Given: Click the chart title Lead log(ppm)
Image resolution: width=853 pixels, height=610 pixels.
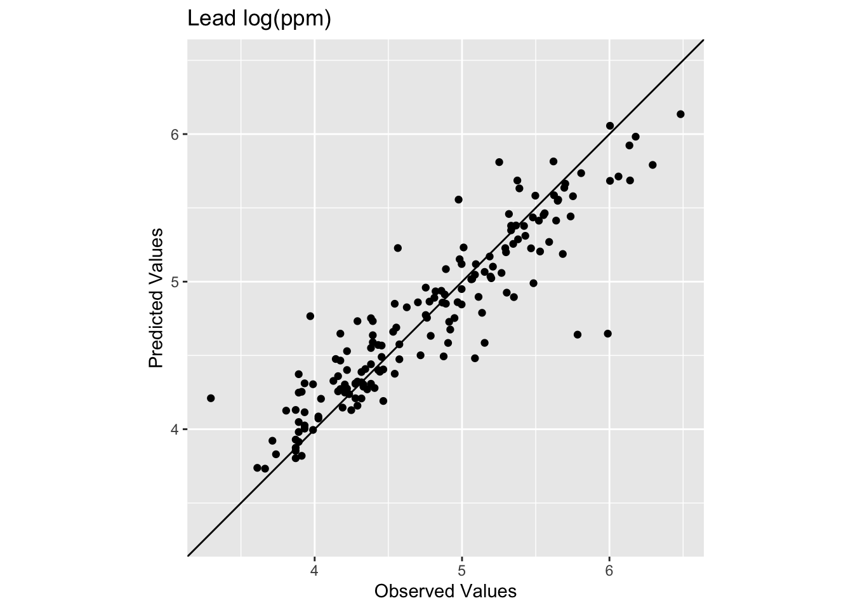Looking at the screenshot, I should click(x=259, y=20).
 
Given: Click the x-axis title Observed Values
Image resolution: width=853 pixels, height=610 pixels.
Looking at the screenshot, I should click(x=446, y=592).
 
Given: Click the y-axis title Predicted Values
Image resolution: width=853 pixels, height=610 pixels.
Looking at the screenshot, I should click(x=156, y=297).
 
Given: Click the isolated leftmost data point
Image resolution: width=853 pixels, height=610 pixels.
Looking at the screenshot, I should click(x=211, y=398).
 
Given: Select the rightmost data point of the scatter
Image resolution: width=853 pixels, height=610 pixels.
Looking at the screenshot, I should click(x=680, y=114).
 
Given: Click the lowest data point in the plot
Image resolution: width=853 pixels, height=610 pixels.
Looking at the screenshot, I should click(x=265, y=469).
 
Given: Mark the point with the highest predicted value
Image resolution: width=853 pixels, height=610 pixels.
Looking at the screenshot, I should click(x=680, y=114).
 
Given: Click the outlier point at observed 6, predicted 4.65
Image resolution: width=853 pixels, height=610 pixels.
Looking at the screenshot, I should click(x=607, y=334).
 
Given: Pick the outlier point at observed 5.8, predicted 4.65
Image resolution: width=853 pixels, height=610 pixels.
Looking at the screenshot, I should click(x=578, y=334).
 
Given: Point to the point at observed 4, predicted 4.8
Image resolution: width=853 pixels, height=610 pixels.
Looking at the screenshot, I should click(x=310, y=316).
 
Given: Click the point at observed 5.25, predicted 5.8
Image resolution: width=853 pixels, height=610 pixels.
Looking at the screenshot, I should click(x=499, y=162).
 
